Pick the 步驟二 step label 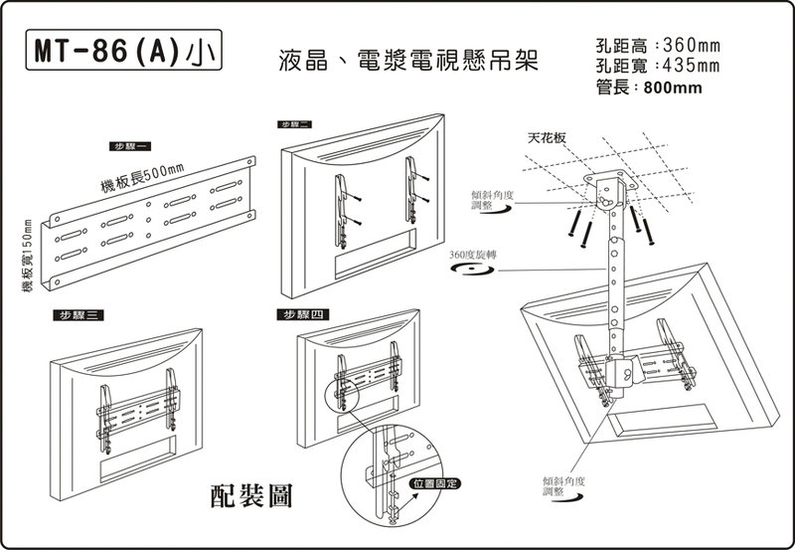click(295, 123)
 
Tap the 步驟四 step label click(303, 315)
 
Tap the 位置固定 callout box click(434, 483)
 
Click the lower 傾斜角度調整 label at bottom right click(561, 485)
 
